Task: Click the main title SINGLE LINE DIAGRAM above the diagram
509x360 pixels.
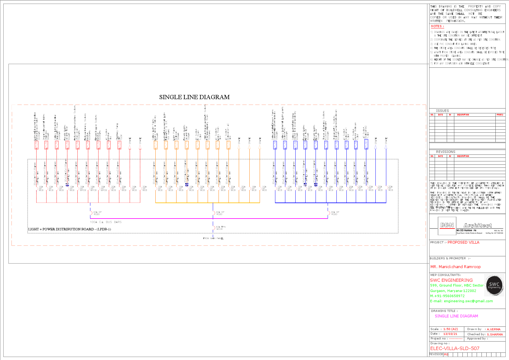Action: (x=194, y=97)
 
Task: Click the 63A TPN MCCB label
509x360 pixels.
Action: (x=220, y=228)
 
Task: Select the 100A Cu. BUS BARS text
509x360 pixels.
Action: (x=106, y=222)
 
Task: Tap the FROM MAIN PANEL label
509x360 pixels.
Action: (x=213, y=238)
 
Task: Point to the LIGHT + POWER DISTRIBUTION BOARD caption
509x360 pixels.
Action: (x=70, y=229)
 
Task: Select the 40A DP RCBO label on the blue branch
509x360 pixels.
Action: (x=335, y=213)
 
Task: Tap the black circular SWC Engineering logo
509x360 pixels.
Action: (x=494, y=285)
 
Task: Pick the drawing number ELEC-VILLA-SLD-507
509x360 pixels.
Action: (x=455, y=348)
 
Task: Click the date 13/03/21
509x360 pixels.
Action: (x=450, y=334)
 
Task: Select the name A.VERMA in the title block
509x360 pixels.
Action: (x=494, y=329)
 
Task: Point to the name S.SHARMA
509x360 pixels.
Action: (x=495, y=334)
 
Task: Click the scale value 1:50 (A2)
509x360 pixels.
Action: (x=450, y=329)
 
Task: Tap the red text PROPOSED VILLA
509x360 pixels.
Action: (x=463, y=242)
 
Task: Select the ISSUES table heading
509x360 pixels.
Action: (x=442, y=111)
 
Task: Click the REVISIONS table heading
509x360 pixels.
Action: (x=445, y=152)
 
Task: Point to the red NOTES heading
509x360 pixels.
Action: (x=437, y=26)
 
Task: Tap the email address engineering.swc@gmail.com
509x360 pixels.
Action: (x=468, y=301)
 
